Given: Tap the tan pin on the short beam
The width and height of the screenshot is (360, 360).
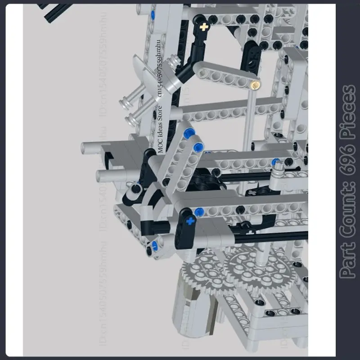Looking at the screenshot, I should [x=255, y=84].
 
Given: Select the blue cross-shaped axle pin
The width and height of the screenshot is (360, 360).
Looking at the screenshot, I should [x=189, y=221].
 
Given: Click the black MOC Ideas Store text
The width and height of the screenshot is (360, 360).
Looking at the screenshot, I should [x=161, y=130].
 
